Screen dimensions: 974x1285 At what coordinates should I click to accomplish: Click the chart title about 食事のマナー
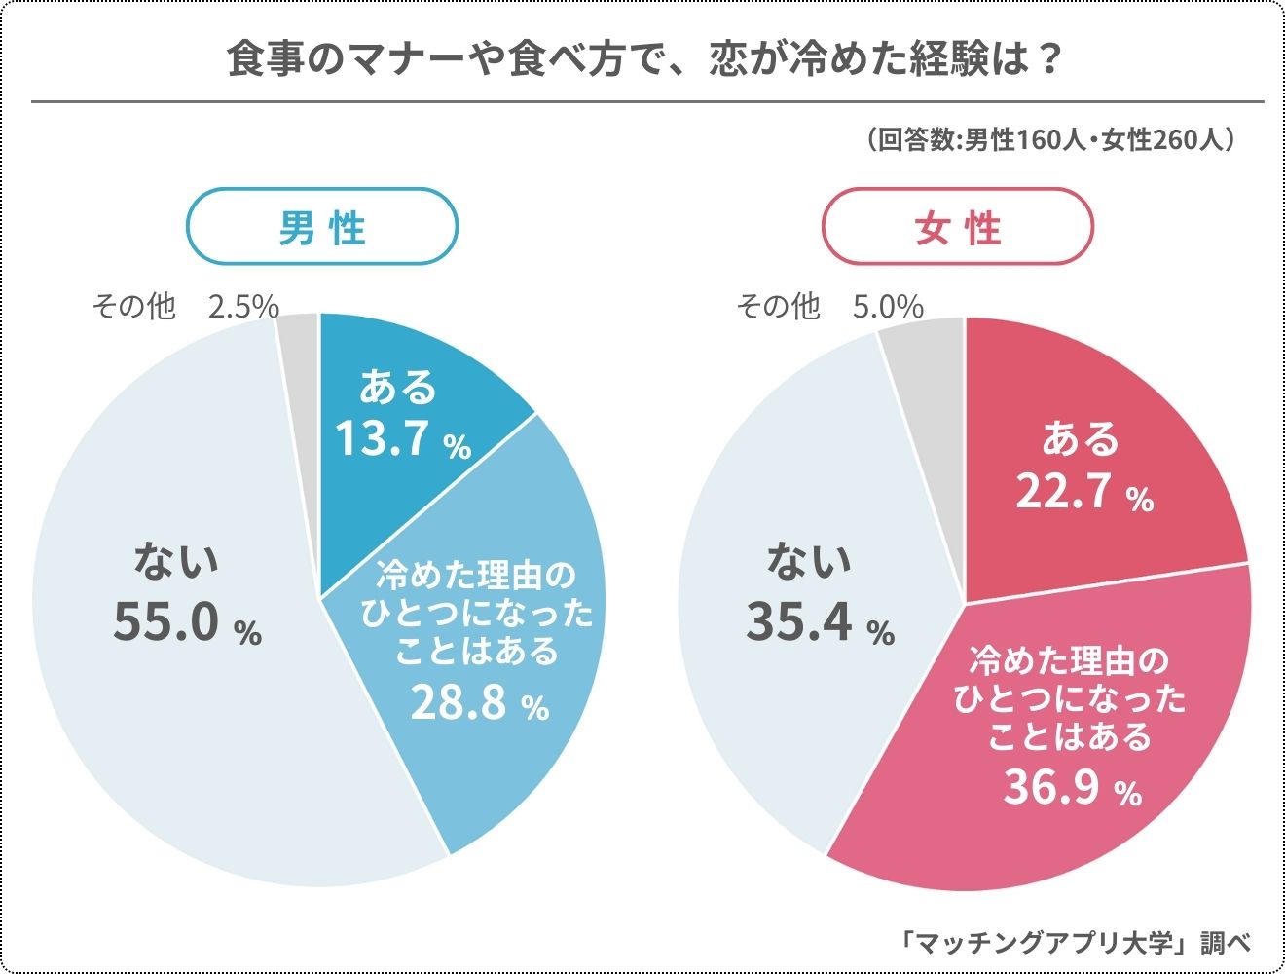642,60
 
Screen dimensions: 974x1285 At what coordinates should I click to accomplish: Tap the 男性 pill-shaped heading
322,227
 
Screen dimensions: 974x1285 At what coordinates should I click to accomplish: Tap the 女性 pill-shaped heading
958,227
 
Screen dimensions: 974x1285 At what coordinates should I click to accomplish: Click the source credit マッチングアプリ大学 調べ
1075,942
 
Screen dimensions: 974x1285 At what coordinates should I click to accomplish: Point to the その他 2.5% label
185,307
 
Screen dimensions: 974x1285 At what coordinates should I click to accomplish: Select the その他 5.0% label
829,307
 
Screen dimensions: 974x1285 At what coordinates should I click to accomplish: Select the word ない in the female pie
809,560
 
